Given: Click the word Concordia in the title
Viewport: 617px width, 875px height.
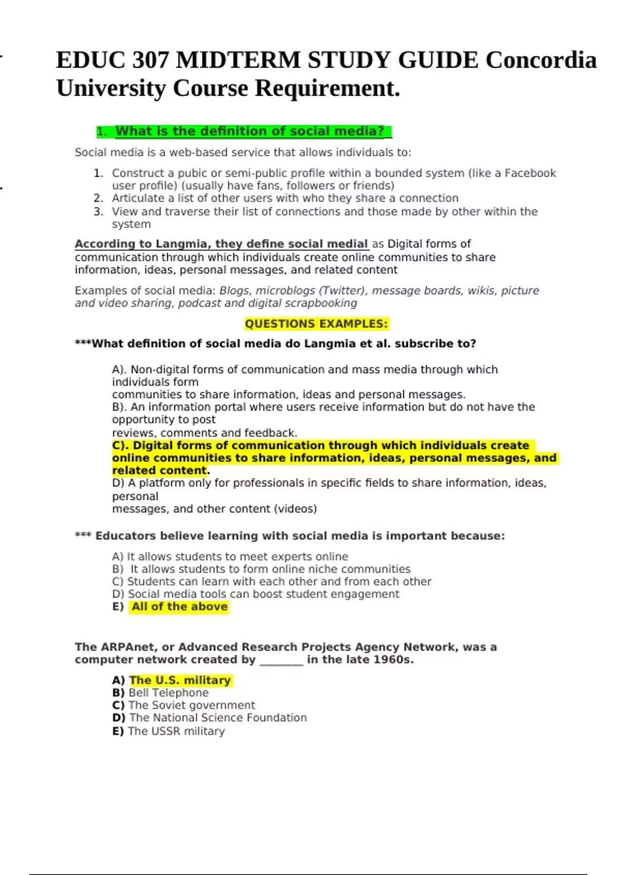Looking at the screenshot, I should click(541, 60).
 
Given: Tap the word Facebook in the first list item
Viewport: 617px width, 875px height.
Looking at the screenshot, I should click(530, 173).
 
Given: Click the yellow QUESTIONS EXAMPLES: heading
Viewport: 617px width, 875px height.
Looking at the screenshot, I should click(316, 324).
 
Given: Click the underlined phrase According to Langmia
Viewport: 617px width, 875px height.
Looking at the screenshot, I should click(141, 243).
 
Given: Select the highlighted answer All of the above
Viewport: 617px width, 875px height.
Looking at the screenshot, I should click(179, 607).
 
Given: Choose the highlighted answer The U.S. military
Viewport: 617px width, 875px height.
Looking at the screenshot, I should click(180, 680).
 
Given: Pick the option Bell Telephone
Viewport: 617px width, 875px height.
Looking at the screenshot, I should click(168, 693).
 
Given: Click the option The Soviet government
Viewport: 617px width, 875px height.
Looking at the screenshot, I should click(191, 705).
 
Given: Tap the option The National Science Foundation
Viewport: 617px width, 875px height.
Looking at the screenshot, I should click(217, 717).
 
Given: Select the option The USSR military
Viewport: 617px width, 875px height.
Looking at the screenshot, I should click(176, 731).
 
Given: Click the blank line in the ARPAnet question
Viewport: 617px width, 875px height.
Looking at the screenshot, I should click(281, 661).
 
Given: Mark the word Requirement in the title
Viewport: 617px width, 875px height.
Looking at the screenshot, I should click(327, 88).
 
